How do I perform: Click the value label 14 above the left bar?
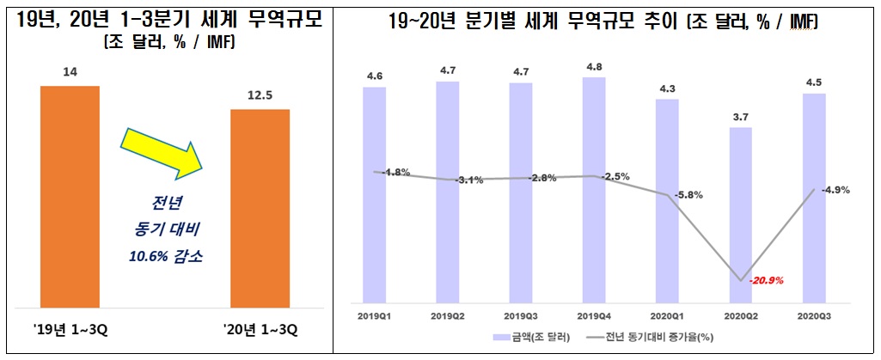pyautogui.click(x=70, y=73)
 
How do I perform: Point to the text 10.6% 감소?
pyautogui.click(x=163, y=255)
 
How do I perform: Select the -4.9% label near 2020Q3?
pyautogui.click(x=835, y=190)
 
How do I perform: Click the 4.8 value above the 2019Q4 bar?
pyautogui.click(x=594, y=64)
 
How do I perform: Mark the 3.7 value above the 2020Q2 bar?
pyautogui.click(x=740, y=115)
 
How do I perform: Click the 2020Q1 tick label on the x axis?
pyautogui.click(x=667, y=315)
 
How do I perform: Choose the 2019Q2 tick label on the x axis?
pyautogui.click(x=447, y=315)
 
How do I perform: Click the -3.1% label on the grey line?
pyautogui.click(x=469, y=180)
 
